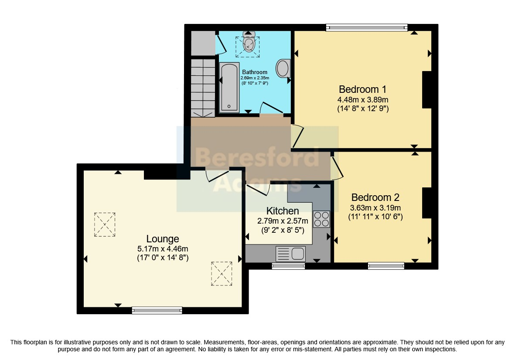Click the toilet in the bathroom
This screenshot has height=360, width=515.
249,43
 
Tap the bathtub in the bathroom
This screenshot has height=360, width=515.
229,88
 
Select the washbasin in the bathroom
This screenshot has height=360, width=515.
283,68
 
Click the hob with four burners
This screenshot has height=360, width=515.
321,219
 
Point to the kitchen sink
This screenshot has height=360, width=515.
290,254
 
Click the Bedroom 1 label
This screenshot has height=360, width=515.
363,89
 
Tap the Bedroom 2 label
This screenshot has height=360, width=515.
375,197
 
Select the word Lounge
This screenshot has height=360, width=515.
163,239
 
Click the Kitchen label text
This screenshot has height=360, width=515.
283,211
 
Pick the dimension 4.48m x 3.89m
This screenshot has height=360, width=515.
363,100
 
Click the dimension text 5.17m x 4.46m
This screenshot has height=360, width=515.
163,249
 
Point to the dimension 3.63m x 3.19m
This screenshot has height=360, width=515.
375,208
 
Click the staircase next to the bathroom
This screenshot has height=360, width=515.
203,88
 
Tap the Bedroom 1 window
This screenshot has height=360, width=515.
367,27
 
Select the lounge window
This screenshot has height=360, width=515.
157,310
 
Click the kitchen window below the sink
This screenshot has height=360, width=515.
288,266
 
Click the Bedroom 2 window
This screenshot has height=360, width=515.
386,266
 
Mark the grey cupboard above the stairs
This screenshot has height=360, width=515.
203,43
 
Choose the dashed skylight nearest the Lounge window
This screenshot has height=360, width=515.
222,274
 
